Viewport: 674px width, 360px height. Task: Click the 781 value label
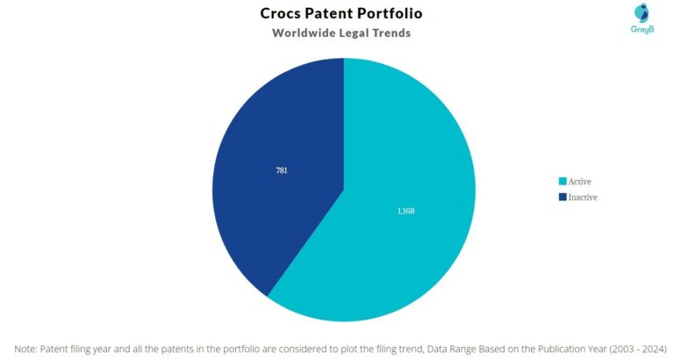(281, 170)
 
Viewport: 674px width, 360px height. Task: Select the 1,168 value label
(405, 211)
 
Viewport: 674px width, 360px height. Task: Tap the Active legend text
(579, 181)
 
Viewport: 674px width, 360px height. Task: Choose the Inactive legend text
(583, 197)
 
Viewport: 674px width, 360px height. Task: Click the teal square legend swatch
(563, 181)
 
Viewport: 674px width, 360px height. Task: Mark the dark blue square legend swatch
(563, 197)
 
